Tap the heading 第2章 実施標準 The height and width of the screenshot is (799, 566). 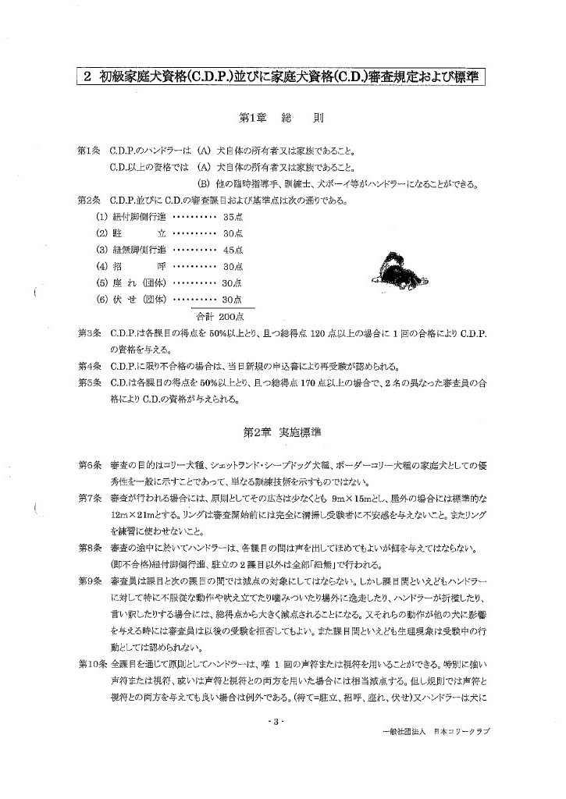tap(282, 431)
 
